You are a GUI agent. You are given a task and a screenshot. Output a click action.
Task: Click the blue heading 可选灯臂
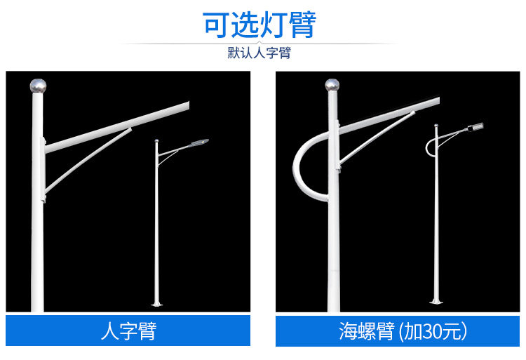tap(259, 25)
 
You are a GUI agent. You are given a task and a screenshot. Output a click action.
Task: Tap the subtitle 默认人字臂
tap(259, 53)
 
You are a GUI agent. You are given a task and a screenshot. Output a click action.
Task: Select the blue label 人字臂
tap(128, 331)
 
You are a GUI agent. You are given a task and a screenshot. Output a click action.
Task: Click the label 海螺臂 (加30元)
tap(403, 331)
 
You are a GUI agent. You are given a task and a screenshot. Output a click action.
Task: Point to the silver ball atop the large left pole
tap(38, 86)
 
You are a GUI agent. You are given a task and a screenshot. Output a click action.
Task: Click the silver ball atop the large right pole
tap(332, 85)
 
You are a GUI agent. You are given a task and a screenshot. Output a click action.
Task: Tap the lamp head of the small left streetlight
tap(200, 142)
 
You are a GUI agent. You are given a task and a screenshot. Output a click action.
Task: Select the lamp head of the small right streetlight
tap(476, 127)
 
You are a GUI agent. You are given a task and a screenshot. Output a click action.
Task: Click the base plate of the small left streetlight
tap(156, 305)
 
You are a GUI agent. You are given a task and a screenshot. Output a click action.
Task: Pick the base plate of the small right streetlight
tap(436, 302)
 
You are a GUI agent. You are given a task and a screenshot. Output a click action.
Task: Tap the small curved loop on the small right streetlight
tap(427, 147)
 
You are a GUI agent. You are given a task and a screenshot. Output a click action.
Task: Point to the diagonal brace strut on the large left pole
tap(88, 161)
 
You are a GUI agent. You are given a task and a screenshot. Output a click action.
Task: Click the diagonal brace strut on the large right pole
tap(377, 138)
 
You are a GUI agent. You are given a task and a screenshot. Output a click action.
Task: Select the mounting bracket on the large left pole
tap(43, 169)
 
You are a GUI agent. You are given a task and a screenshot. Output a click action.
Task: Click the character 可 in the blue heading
tap(216, 25)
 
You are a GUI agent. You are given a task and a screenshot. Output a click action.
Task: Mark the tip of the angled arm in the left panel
tap(189, 105)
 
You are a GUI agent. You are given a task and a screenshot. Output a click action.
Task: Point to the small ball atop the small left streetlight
tap(156, 140)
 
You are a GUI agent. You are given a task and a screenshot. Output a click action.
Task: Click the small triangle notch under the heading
tap(259, 43)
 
